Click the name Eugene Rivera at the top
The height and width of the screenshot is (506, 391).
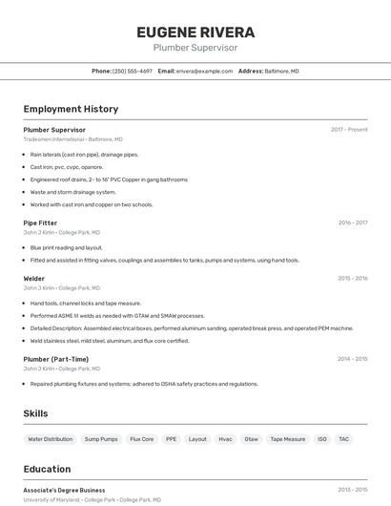pos(195,32)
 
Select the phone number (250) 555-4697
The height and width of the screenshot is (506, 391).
pos(132,71)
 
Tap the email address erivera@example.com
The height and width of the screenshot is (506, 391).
pos(204,71)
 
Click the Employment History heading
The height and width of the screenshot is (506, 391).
pos(71,109)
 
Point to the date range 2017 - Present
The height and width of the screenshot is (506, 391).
pos(349,130)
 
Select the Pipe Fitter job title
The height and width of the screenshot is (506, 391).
pos(40,222)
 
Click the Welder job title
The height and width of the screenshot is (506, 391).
pos(34,278)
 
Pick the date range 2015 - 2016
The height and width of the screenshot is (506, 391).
pos(352,278)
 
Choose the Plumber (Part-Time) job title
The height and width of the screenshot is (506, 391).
pos(56,359)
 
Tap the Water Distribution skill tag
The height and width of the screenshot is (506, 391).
pos(51,439)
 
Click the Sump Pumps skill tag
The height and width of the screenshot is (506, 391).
pos(101,439)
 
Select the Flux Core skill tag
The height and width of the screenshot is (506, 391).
pos(142,439)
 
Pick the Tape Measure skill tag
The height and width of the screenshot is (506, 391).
pos(288,439)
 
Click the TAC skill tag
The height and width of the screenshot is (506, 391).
pos(344,439)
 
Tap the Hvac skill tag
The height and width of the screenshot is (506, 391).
pos(225,439)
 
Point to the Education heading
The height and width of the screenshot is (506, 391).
pos(47,469)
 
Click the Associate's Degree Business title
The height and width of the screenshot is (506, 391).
pos(64,490)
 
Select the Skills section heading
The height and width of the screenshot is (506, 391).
pos(35,413)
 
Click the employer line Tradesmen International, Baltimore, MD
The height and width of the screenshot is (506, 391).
pos(72,139)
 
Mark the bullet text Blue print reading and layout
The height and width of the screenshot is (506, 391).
pos(66,247)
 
